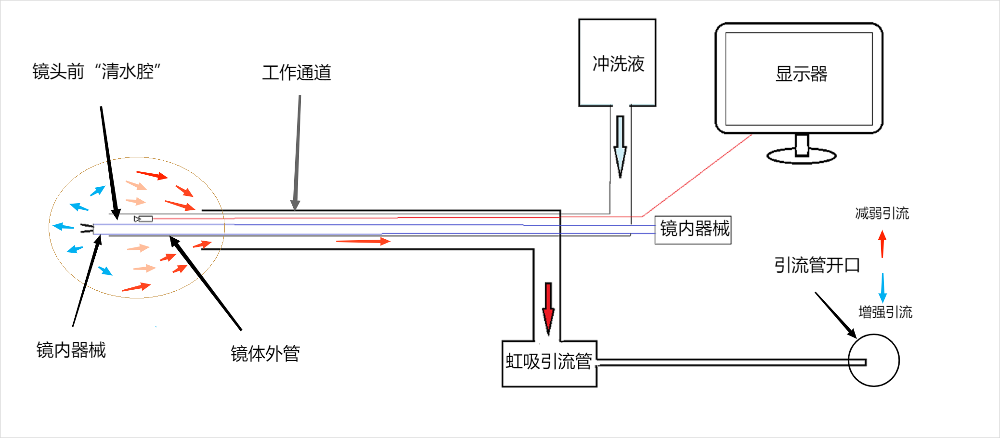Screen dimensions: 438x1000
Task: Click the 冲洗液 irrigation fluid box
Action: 617,63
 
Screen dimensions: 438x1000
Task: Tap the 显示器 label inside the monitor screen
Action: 801,74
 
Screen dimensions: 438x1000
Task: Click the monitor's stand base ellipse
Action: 801,156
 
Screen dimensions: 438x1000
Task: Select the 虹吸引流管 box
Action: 549,362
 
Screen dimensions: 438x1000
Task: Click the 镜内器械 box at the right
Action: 693,229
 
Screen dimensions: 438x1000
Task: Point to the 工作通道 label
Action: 297,73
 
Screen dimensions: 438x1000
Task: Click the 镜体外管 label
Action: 265,354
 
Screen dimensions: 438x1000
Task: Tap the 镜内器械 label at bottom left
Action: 71,350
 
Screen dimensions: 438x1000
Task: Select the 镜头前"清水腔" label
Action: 96,72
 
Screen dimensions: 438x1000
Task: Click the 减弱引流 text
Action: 882,213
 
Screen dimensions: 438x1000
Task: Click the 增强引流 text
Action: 885,312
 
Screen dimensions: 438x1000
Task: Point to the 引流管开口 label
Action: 817,265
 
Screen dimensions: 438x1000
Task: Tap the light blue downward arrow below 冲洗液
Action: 620,147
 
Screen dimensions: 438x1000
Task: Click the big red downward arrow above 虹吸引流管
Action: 548,308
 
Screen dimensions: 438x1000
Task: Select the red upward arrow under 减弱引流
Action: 882,243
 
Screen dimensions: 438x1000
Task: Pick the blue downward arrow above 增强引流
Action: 883,287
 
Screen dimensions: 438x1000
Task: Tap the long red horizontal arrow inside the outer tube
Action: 363,241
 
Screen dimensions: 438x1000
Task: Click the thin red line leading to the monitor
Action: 698,176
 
